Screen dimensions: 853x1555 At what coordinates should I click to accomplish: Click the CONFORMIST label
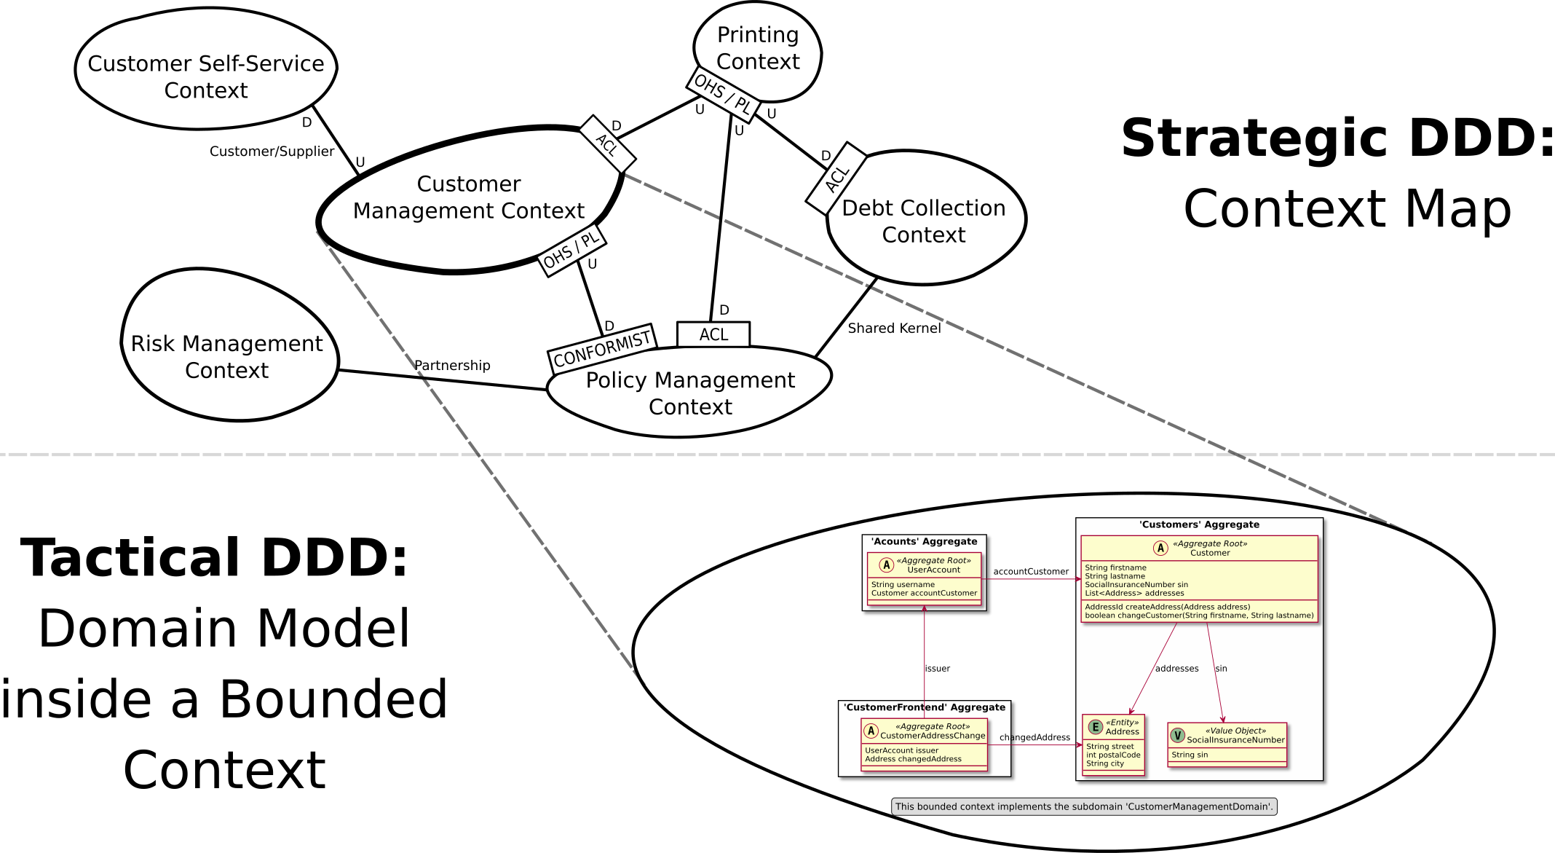tap(602, 349)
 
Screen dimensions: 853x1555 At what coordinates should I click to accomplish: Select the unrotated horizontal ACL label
tap(713, 334)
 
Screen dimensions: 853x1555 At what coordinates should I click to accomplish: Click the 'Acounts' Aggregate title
tap(924, 542)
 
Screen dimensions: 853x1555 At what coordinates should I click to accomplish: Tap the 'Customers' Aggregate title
tap(1199, 524)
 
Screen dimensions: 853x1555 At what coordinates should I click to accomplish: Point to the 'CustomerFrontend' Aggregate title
tap(924, 707)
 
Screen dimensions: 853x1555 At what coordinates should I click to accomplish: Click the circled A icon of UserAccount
tap(886, 565)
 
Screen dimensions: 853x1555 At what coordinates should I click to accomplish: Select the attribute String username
tap(903, 584)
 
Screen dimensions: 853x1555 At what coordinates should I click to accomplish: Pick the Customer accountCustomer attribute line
tap(924, 593)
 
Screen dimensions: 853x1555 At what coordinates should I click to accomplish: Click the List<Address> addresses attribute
tap(1134, 593)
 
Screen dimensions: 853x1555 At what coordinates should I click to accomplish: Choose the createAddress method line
tap(1167, 607)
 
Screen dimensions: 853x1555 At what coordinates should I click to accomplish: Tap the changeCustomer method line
tap(1199, 616)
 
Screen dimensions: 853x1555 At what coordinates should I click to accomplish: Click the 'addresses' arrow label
tap(1176, 669)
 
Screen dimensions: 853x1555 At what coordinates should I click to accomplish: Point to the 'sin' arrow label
tap(1221, 669)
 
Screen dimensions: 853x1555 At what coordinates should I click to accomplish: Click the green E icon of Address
tap(1095, 727)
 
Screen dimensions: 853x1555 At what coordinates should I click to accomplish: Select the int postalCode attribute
tap(1113, 755)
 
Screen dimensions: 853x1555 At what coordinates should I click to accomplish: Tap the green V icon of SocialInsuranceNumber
tap(1177, 736)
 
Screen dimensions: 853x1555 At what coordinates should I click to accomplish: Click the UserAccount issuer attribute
tap(901, 750)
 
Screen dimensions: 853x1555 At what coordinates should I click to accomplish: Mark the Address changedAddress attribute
tap(913, 759)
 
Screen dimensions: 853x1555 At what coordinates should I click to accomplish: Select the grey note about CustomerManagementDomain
tap(1084, 806)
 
